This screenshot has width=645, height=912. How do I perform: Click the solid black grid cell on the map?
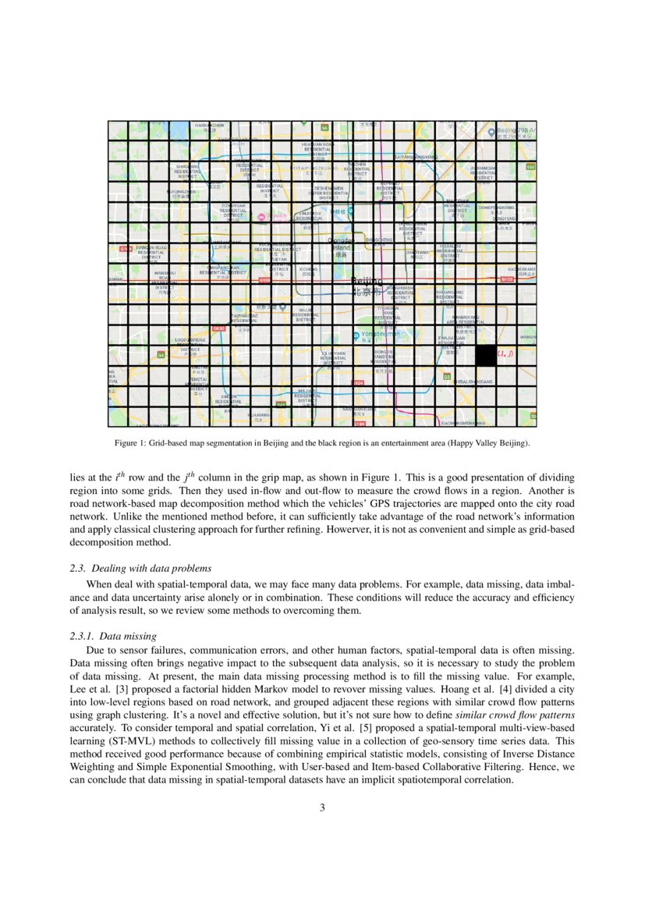tap(486, 355)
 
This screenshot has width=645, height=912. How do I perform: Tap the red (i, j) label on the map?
tap(505, 354)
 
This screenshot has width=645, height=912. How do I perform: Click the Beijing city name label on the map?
tap(367, 286)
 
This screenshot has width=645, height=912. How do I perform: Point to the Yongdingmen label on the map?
tap(379, 334)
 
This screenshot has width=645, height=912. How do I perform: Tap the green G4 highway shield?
tap(161, 354)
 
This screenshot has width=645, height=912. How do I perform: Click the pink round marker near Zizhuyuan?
tap(262, 218)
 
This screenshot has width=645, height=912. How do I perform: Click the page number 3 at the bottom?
tap(322, 807)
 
